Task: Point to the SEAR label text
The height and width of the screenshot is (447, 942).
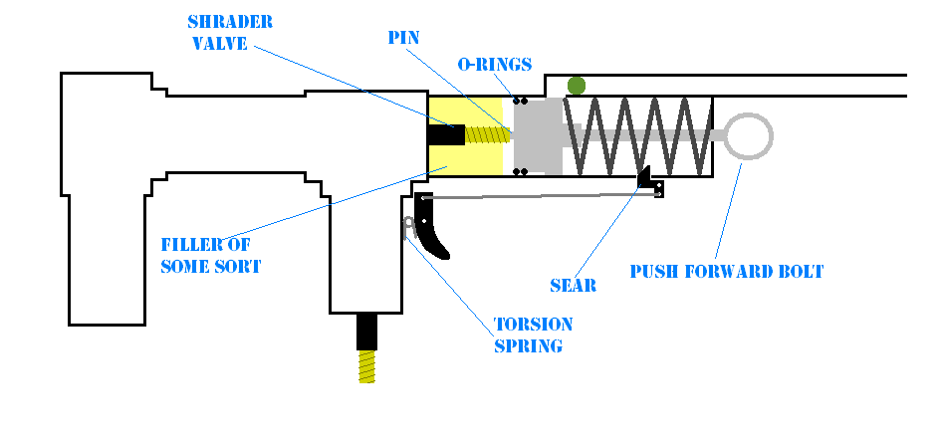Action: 573,286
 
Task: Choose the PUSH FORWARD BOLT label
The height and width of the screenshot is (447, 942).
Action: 726,271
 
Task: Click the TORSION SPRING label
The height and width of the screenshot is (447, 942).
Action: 533,335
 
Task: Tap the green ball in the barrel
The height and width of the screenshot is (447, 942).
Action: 576,86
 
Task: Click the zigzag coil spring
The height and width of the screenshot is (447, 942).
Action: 637,136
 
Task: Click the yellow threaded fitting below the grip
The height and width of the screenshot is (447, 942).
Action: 367,366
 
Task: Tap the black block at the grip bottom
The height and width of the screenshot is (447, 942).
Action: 367,331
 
